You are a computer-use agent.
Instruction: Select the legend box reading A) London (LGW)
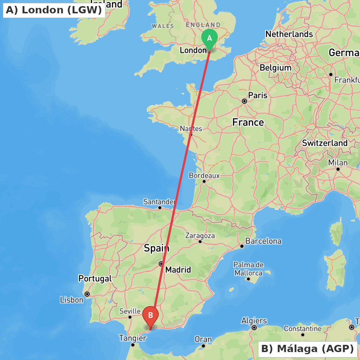pyautogui.click(x=54, y=10)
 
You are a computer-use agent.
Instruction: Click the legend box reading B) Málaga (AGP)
pyautogui.click(x=307, y=348)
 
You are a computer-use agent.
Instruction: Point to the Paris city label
pyautogui.click(x=258, y=95)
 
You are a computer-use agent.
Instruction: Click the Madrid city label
pyautogui.click(x=178, y=270)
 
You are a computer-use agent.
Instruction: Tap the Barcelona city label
pyautogui.click(x=264, y=241)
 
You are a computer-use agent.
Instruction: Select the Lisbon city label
pyautogui.click(x=72, y=300)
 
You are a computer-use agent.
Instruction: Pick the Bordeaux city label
pyautogui.click(x=204, y=176)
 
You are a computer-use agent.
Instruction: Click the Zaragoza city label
pyautogui.click(x=200, y=236)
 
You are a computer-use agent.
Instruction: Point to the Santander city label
pyautogui.click(x=159, y=202)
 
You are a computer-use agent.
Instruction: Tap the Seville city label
pyautogui.click(x=130, y=311)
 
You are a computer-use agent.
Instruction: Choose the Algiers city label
pyautogui.click(x=254, y=321)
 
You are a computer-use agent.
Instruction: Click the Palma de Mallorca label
pyautogui.click(x=248, y=269)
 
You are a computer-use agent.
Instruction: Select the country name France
pyautogui.click(x=248, y=122)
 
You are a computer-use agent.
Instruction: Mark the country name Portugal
pyautogui.click(x=95, y=279)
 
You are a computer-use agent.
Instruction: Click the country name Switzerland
pyautogui.click(x=325, y=143)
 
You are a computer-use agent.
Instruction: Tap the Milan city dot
pyautogui.click(x=338, y=169)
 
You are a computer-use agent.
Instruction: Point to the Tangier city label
pyautogui.click(x=132, y=338)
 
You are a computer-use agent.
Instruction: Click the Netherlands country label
pyautogui.click(x=289, y=34)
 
